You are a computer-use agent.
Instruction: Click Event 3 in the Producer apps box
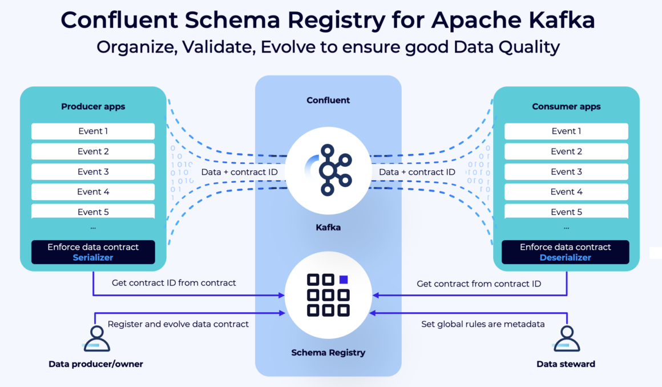(x=93, y=171)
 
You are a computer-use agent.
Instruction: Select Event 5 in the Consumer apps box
(x=566, y=212)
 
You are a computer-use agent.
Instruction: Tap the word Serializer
(x=93, y=257)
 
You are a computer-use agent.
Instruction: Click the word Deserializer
(x=565, y=257)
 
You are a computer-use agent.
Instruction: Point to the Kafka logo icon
(x=328, y=170)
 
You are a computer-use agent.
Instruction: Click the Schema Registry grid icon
(x=328, y=295)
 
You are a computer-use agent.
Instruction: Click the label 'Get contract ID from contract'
(x=173, y=282)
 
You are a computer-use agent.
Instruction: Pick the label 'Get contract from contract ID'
(x=478, y=284)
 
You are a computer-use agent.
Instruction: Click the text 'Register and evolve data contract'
(x=178, y=324)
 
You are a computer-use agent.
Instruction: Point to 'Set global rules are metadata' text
(x=483, y=324)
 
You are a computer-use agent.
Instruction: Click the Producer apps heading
(x=93, y=106)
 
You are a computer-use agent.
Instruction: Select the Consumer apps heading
(x=566, y=106)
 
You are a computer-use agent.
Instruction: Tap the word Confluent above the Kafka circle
(x=328, y=100)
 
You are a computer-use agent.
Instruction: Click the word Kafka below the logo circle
(x=328, y=228)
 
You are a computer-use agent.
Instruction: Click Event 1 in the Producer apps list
(x=93, y=131)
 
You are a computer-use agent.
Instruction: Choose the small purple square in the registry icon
(x=344, y=280)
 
